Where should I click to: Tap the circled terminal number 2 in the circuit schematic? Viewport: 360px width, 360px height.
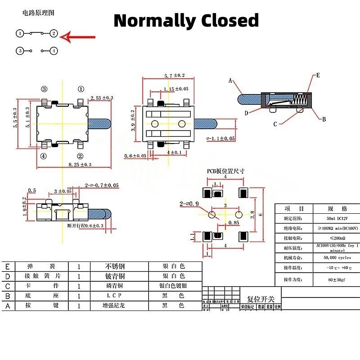click(54, 33)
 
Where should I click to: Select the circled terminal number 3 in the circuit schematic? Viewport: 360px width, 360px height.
click(20, 51)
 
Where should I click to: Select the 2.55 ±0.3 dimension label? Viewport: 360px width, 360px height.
click(102, 98)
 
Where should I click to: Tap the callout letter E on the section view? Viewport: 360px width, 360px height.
click(318, 75)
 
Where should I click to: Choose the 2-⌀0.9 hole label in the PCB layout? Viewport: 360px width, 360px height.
click(189, 203)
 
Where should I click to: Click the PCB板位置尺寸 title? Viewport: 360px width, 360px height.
click(225, 171)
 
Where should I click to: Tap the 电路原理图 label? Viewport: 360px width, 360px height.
click(39, 13)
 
